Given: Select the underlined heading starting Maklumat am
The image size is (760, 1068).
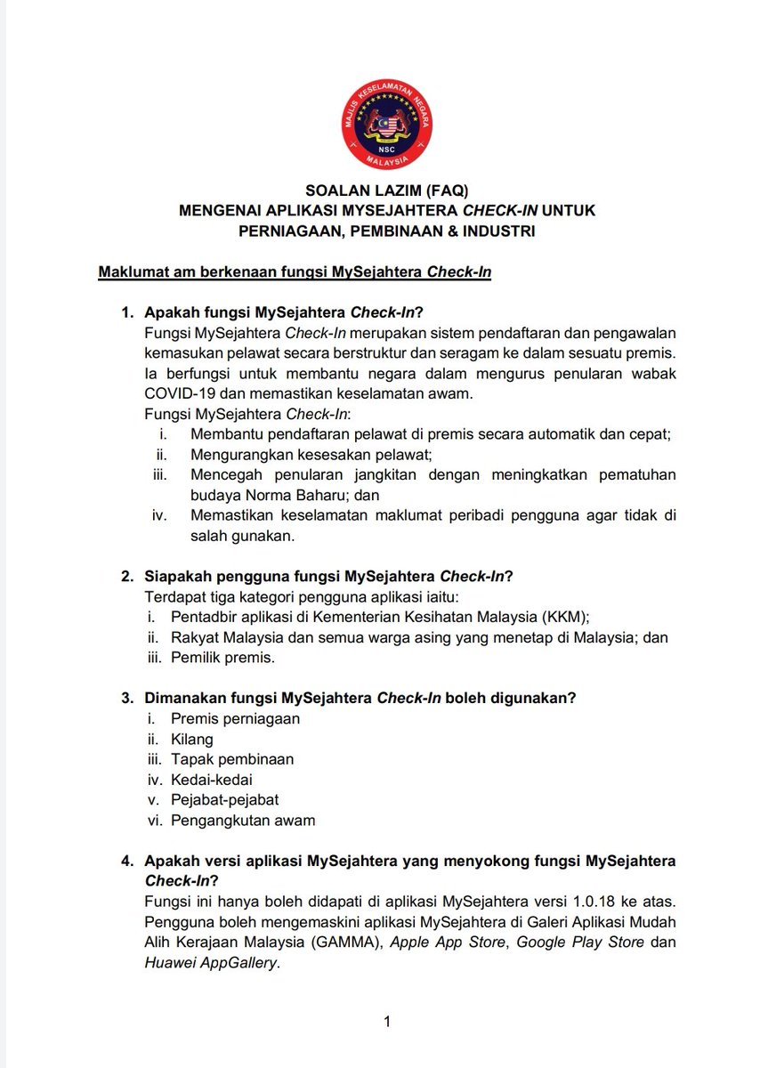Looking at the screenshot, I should (x=295, y=271).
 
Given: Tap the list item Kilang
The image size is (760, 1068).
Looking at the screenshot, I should (x=192, y=739).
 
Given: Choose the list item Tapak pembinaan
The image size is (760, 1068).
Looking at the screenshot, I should (x=232, y=759).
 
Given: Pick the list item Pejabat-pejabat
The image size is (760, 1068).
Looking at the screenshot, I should (x=224, y=800).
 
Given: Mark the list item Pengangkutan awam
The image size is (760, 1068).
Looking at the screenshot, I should (x=243, y=821).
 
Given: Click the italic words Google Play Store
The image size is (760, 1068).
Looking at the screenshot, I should (x=579, y=943).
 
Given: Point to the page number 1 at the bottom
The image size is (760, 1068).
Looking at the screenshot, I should (x=386, y=1022).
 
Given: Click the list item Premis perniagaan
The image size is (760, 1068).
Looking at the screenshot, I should (x=235, y=718).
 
